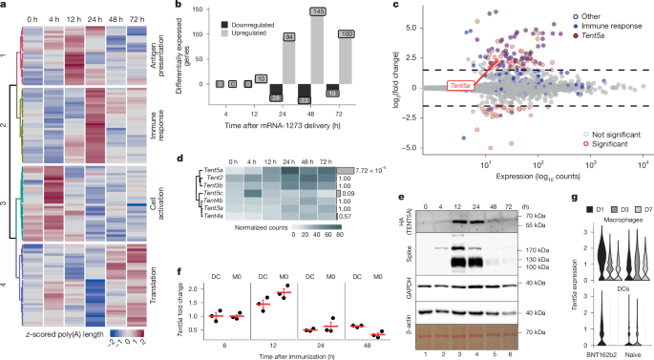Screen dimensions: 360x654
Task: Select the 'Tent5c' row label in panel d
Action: click(214, 194)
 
